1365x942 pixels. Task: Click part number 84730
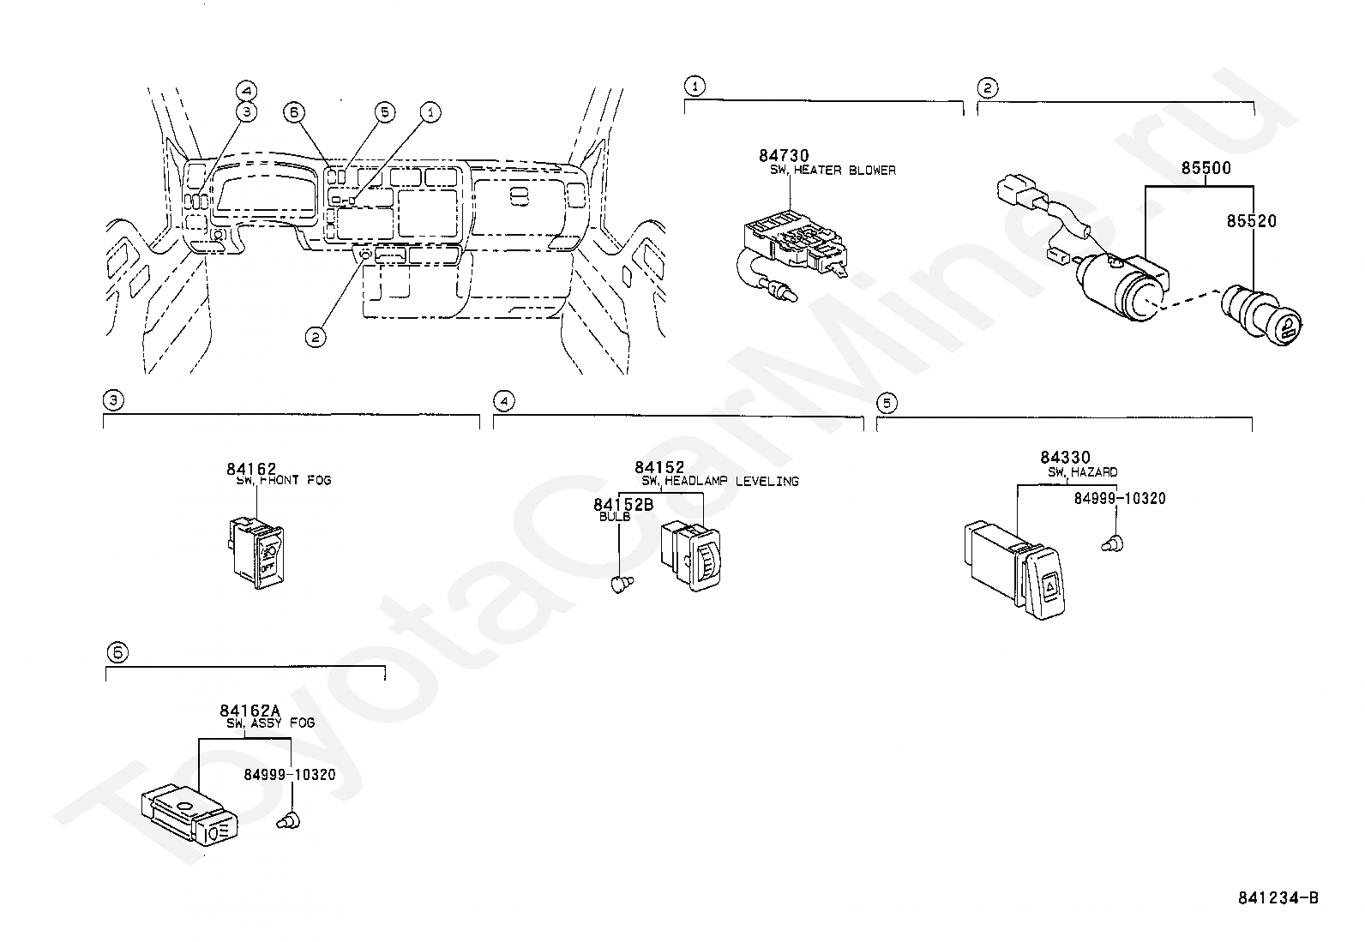[x=783, y=155]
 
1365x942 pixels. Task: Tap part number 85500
[x=1206, y=168]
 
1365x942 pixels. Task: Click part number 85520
[x=1251, y=221]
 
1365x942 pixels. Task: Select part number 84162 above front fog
[x=251, y=469]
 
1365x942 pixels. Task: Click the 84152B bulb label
[x=623, y=505]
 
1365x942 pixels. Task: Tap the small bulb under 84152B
[x=621, y=585]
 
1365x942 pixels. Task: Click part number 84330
[x=1065, y=458]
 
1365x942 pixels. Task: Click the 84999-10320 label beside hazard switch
[x=1119, y=499]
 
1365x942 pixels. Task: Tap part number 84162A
[x=250, y=710]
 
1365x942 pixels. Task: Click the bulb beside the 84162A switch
[x=288, y=822]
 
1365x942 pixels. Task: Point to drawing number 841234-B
[x=1278, y=897]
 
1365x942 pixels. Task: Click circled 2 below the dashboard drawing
[x=316, y=338]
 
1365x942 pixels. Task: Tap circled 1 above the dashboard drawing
[x=430, y=111]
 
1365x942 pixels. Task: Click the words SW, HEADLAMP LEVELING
[x=720, y=482]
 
